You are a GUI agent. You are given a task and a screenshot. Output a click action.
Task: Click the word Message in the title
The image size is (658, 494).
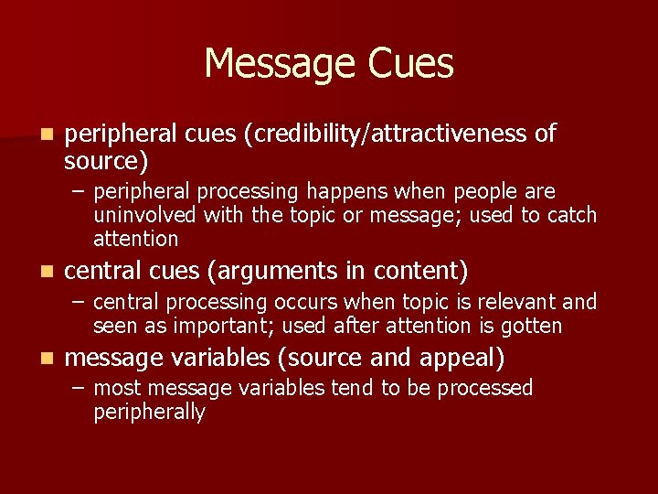[x=281, y=63]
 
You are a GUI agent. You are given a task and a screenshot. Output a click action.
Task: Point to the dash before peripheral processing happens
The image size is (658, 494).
[x=81, y=192]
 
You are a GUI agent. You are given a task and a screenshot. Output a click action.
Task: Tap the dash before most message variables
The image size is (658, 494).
[x=81, y=389]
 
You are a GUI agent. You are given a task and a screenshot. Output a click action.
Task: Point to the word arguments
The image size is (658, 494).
[x=299, y=272]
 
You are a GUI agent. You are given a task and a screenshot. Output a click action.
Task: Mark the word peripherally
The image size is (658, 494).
[x=149, y=413]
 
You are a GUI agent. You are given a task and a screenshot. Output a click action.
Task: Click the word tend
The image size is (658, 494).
[x=351, y=389]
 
